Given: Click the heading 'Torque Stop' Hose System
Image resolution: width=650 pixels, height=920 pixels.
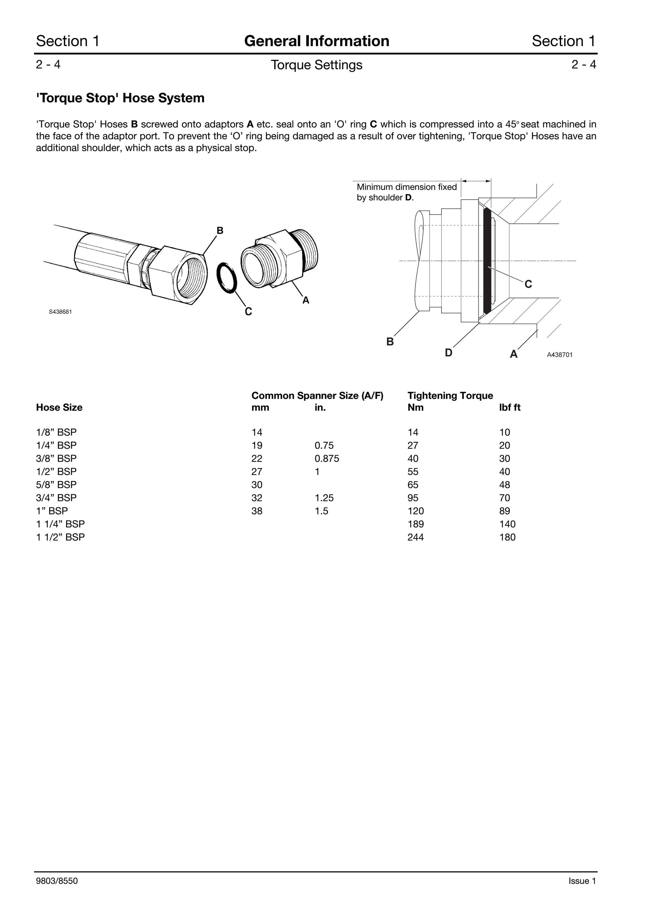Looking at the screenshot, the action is [x=120, y=98].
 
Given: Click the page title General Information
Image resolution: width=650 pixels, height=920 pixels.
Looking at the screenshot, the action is [x=317, y=41].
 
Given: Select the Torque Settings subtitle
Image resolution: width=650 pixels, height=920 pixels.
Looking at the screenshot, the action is [x=317, y=65].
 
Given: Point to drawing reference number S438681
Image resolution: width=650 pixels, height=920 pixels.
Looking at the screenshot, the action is [x=60, y=312].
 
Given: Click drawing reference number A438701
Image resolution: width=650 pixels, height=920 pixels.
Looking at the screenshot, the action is [x=560, y=355].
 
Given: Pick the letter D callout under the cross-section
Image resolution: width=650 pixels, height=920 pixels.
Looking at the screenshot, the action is [x=449, y=353].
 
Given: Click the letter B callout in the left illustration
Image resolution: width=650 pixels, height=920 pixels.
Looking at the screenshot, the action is [x=220, y=230].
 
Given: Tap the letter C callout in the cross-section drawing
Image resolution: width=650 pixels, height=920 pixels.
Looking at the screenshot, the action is [x=528, y=284].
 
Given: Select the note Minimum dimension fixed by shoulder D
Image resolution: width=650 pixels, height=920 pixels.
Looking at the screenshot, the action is [x=407, y=192].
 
